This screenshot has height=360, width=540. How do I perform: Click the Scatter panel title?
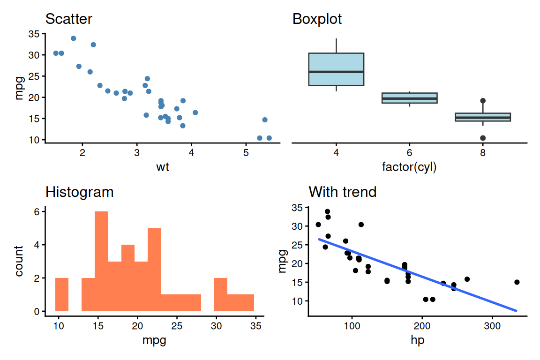68,19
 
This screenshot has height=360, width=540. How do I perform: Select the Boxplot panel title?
317,19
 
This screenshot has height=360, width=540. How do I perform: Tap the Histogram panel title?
79,192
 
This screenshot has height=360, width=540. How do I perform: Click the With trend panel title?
342,192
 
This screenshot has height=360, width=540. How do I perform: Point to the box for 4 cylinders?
336,69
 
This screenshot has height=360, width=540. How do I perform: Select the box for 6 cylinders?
410,98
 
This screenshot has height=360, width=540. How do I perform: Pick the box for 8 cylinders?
483,117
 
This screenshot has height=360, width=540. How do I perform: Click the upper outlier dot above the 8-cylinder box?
483,101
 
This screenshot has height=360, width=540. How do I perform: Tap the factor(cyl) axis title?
410,167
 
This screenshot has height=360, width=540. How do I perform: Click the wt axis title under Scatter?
163,167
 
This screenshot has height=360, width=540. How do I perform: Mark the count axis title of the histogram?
19,261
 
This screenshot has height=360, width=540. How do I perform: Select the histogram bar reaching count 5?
154,270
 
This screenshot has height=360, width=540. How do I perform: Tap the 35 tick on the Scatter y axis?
34,34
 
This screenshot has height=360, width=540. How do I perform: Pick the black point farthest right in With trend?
517,282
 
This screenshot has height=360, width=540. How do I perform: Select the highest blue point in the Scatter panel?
73,38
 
